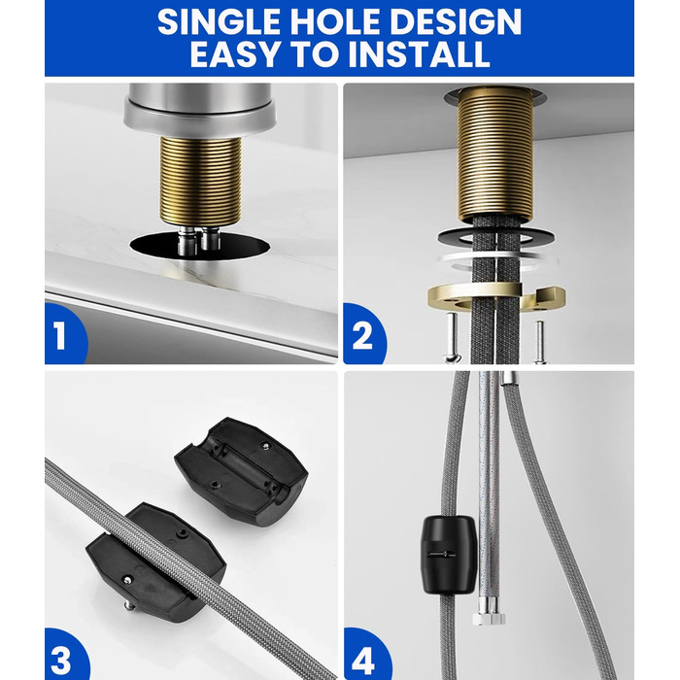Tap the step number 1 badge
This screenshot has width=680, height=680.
[65, 334]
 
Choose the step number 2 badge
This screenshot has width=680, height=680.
[363, 334]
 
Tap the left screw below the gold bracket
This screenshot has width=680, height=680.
[451, 335]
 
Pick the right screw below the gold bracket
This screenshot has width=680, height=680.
[539, 341]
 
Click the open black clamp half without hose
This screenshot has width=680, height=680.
[241, 471]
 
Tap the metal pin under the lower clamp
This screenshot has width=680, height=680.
[129, 605]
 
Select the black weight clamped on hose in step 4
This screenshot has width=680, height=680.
[449, 555]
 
